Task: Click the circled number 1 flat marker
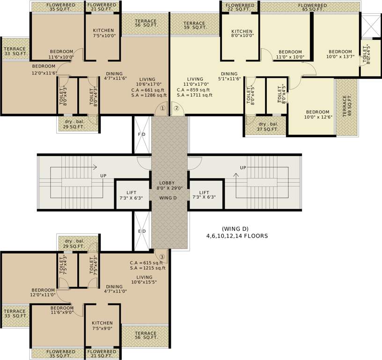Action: click(162, 108)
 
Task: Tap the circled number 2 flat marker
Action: click(176, 108)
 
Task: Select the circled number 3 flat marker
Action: click(162, 256)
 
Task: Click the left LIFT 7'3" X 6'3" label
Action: click(131, 195)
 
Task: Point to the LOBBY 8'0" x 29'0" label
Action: click(167, 186)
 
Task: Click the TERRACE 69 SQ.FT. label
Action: click(347, 106)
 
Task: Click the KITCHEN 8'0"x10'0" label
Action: click(242, 33)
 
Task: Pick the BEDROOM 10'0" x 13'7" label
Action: click(340, 54)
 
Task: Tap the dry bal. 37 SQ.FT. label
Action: click(268, 127)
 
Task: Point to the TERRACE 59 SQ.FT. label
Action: click(194, 26)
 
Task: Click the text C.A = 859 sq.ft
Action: click(195, 90)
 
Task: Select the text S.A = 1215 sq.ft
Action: click(147, 268)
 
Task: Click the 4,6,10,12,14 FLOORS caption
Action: click(237, 236)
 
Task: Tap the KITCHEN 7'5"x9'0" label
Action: click(102, 326)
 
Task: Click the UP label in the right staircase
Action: click(243, 167)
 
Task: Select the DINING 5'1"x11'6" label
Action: click(229, 76)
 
